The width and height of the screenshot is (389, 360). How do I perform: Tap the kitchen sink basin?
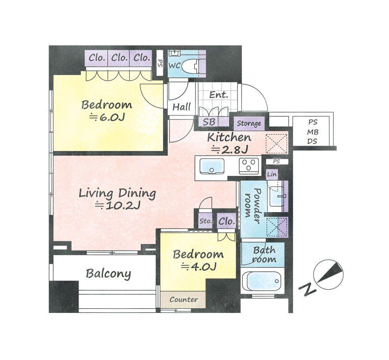(212, 166)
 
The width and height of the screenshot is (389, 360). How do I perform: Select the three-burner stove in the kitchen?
(249, 166)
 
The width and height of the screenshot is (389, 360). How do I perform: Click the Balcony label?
(108, 274)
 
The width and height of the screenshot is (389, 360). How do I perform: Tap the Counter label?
(184, 300)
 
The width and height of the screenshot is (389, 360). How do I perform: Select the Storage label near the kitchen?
(249, 123)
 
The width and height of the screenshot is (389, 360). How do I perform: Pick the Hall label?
(182, 107)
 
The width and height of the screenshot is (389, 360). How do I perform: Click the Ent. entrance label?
(218, 95)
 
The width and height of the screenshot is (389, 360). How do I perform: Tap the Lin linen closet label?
(272, 174)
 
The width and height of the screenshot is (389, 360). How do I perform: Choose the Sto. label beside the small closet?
(206, 221)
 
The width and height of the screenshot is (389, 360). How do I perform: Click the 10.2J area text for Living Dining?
(118, 205)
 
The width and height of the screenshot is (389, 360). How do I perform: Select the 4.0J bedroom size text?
(199, 266)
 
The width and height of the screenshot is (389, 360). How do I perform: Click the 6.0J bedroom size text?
(107, 117)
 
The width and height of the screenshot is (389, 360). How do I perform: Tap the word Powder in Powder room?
(257, 206)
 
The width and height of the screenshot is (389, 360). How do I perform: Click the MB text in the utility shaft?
(313, 132)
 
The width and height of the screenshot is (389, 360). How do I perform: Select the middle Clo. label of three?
(119, 58)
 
